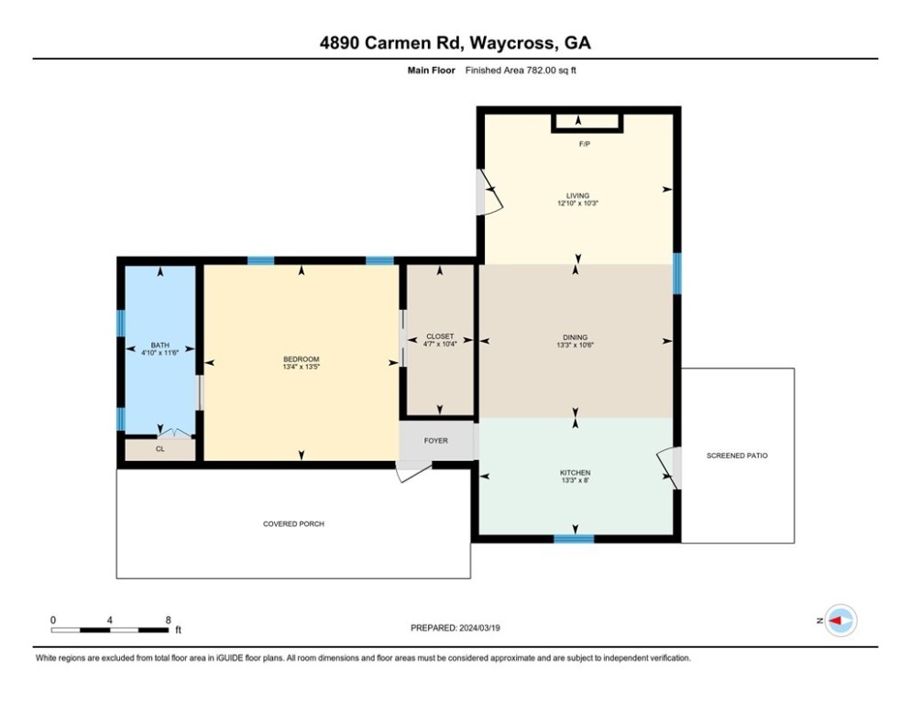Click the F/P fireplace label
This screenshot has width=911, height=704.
pos(585,144)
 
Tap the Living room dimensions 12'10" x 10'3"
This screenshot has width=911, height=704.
pos(577,203)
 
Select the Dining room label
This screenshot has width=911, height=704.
pos(576,337)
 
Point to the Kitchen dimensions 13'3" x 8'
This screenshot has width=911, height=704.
pos(576,480)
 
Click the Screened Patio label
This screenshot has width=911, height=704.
pos(737,456)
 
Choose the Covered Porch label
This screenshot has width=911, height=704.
pos(293,523)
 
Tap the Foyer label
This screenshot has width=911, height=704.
pos(435,441)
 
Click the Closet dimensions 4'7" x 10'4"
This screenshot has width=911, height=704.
pos(440,344)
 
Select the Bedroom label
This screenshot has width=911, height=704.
pos(301,359)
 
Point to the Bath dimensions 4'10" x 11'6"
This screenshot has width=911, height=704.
pos(159,352)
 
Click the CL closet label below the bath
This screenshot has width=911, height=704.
pos(159,449)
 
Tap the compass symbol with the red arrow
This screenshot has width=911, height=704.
pos(841,621)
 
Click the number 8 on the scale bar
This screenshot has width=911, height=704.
pos(169,620)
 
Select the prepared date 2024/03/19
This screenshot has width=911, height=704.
pos(479,628)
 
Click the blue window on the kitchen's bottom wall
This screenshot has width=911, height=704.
pos(574,539)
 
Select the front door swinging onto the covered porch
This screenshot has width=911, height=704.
pos(414,471)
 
